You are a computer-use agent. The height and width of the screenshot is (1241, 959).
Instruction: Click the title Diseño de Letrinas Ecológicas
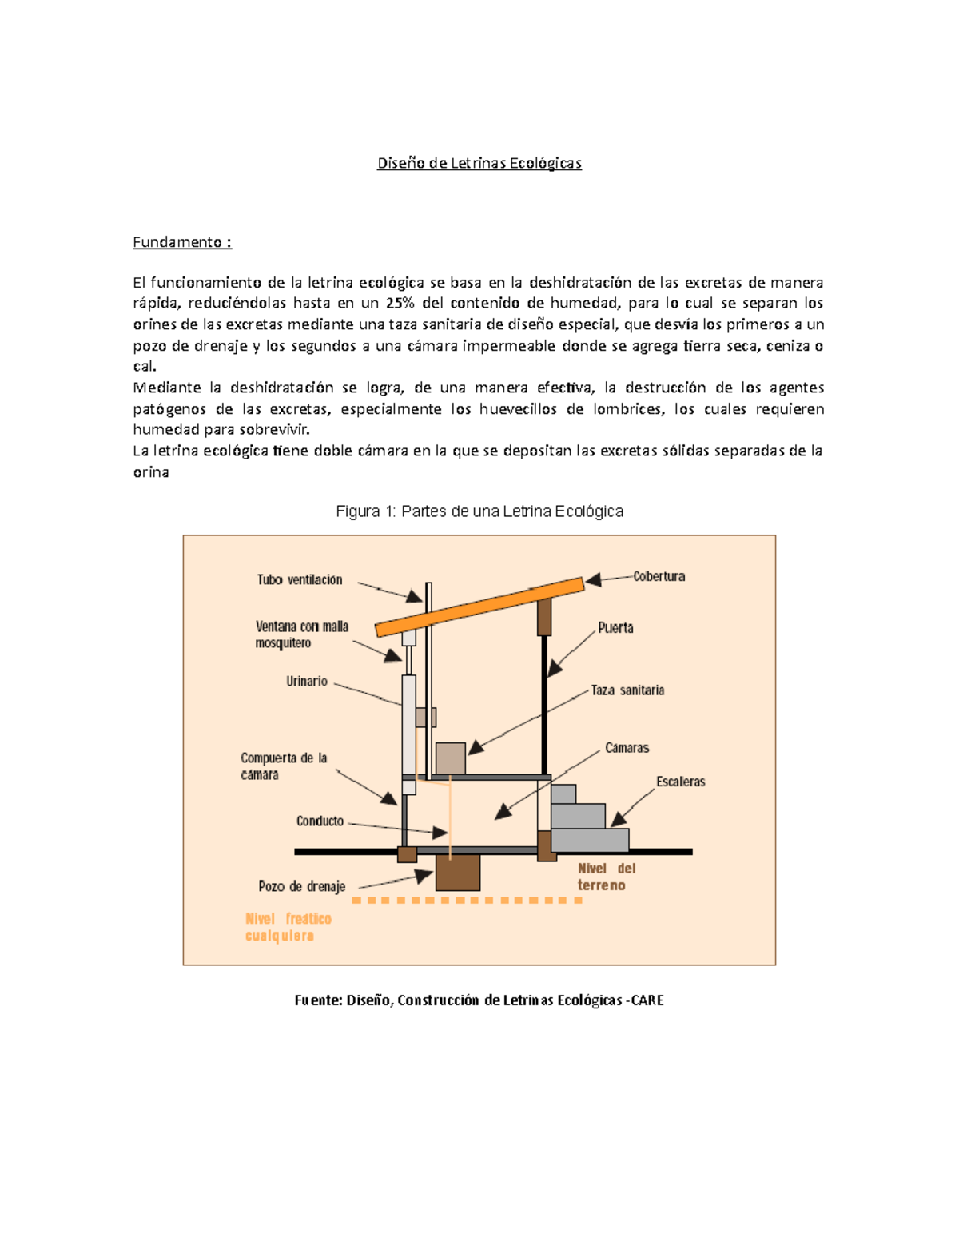coord(479,163)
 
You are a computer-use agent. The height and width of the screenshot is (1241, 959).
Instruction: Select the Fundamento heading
coord(181,242)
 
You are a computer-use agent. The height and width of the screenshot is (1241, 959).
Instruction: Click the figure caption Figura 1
coord(479,511)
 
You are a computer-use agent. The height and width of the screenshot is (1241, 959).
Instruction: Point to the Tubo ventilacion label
coord(300,580)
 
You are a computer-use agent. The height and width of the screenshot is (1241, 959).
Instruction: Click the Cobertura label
coord(659,576)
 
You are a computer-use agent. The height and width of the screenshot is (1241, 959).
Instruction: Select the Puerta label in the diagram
coord(615,628)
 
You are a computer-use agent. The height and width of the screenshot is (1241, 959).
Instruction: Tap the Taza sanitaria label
coord(627,690)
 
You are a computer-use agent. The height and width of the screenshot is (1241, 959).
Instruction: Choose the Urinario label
coord(307,682)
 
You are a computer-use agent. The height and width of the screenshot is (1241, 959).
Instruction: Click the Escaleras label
coord(681,782)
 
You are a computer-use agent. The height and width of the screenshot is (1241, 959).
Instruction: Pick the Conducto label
coord(320,821)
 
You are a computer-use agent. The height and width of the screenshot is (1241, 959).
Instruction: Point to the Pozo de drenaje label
coord(302,886)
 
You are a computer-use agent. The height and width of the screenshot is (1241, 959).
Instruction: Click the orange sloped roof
coord(479,607)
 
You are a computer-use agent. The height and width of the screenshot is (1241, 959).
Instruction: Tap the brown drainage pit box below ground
coord(458,873)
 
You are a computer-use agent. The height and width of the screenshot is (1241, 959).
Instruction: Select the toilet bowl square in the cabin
coord(451,758)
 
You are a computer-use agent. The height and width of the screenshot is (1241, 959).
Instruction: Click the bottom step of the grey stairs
coord(590,840)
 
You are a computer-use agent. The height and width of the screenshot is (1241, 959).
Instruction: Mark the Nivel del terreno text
coord(606,877)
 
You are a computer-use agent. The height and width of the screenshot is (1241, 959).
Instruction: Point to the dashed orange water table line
coord(468,901)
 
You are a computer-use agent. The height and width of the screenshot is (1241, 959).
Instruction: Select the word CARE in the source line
coord(647,1000)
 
